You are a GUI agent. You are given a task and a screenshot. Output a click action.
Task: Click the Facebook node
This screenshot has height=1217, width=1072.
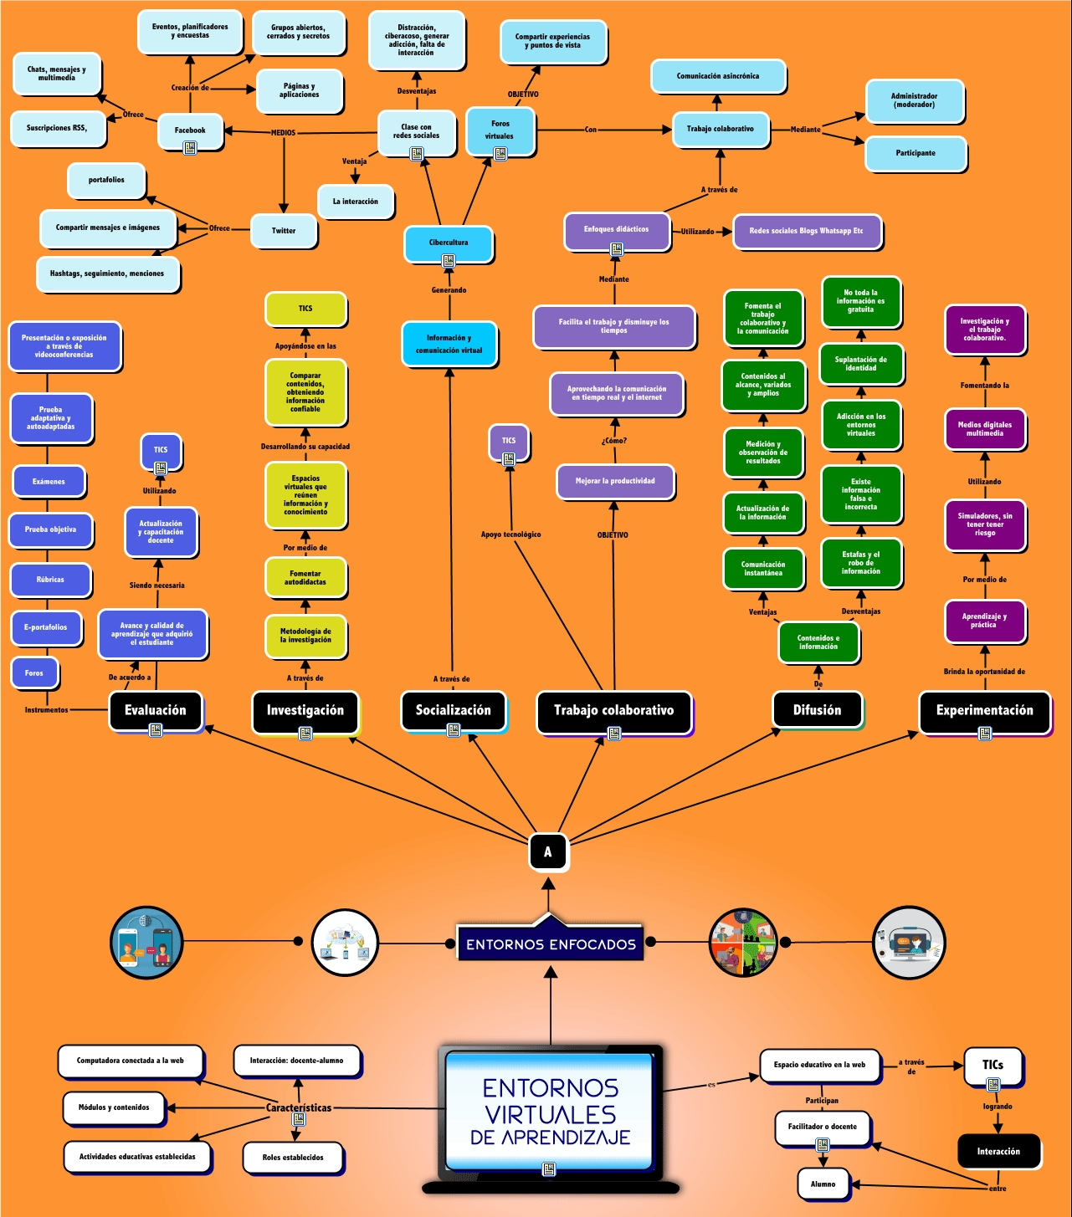(190, 130)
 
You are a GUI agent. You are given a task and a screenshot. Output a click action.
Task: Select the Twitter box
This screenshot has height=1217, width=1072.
(284, 231)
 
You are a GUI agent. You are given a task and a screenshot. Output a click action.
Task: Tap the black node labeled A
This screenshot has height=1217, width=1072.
(548, 851)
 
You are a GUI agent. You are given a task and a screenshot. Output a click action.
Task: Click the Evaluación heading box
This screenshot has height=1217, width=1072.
(156, 710)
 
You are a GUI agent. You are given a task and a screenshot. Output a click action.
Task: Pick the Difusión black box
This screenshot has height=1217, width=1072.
(817, 710)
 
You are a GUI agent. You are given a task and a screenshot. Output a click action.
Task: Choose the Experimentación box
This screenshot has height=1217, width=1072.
(984, 710)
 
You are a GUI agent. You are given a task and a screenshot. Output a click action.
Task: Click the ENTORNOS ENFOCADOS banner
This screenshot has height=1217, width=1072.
(551, 944)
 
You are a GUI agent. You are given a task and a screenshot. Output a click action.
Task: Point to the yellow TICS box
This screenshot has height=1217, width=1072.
(305, 309)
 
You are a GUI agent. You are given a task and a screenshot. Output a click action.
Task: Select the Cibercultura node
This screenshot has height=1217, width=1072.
(449, 243)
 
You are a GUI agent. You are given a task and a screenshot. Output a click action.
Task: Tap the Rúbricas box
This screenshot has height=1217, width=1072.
(50, 580)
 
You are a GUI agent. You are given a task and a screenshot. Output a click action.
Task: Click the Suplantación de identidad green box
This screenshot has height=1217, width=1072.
(860, 364)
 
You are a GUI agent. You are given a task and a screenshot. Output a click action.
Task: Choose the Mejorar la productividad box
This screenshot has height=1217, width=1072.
(615, 481)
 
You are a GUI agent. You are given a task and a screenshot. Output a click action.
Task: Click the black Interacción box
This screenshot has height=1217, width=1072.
(998, 1151)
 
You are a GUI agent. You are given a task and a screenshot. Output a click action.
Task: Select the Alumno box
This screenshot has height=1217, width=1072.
(823, 1184)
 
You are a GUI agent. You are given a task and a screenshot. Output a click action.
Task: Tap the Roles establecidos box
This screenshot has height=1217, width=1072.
(293, 1158)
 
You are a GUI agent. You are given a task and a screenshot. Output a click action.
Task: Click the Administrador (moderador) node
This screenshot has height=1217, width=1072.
(914, 100)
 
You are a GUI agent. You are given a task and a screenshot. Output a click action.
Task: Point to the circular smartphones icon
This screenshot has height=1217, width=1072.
(146, 942)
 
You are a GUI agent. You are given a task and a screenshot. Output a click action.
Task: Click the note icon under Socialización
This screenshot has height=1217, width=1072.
(454, 730)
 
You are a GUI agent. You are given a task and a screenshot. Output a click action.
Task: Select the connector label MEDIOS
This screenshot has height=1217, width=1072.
(283, 132)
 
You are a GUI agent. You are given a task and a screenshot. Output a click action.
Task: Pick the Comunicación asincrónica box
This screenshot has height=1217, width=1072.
(718, 76)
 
